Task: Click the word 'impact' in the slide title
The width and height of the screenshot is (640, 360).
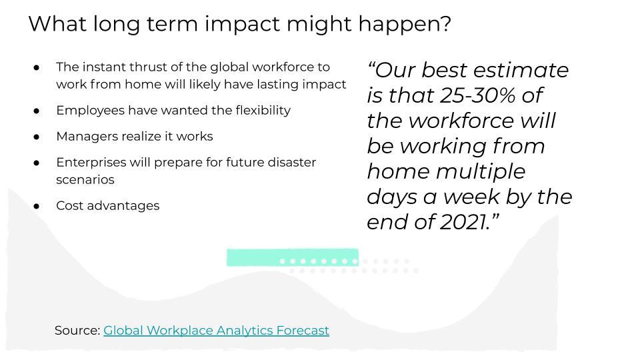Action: pyautogui.click(x=243, y=24)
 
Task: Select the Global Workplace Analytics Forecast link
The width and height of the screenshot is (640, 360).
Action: pyautogui.click(x=216, y=330)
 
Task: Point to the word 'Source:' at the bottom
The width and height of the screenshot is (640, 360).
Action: pyautogui.click(x=77, y=330)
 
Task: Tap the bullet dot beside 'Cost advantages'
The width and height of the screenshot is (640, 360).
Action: pyautogui.click(x=37, y=206)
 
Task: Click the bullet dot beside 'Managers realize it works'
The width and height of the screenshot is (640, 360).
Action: pyautogui.click(x=37, y=137)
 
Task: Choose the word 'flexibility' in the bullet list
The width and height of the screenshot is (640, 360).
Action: pyautogui.click(x=263, y=110)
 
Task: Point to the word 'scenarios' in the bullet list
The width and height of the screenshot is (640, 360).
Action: pyautogui.click(x=85, y=179)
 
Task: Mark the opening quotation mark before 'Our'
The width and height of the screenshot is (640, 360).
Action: pyautogui.click(x=371, y=65)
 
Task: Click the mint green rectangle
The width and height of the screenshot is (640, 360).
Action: pyautogui.click(x=293, y=257)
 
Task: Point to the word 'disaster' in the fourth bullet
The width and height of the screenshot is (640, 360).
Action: pyautogui.click(x=292, y=163)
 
